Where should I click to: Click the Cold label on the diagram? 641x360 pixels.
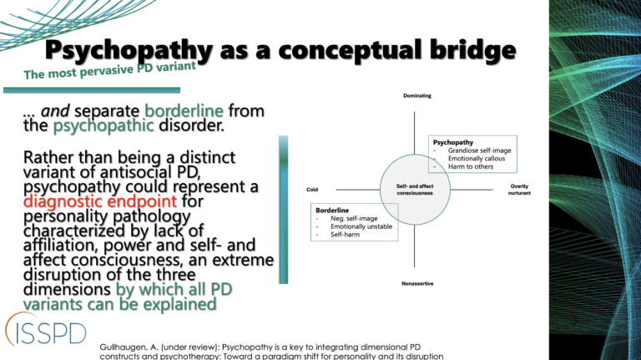(x=312, y=190)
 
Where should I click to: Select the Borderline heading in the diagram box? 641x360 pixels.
(x=332, y=210)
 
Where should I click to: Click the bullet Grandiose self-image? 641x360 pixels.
(x=479, y=150)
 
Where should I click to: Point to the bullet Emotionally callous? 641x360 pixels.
(x=477, y=159)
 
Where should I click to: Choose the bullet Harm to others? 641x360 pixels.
(x=470, y=167)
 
